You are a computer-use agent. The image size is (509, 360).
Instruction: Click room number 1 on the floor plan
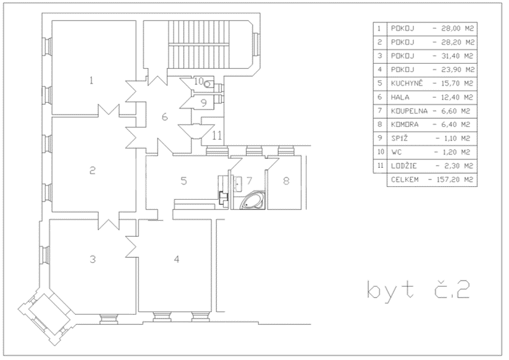coord(92,80)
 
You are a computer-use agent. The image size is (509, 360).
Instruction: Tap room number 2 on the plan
coord(92,170)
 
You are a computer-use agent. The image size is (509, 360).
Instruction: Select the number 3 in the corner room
coord(92,259)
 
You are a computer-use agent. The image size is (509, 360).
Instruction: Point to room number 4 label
coord(177,259)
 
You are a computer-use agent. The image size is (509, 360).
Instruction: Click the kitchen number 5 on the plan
coord(184,181)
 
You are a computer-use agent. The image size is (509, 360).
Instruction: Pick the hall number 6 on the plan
coord(165,117)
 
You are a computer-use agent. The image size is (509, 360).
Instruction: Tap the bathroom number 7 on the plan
coord(249,181)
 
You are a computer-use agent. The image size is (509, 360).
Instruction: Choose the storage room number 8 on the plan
coord(286,181)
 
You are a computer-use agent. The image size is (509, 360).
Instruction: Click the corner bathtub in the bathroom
coord(251,202)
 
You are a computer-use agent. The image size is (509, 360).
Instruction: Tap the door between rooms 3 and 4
coord(135,244)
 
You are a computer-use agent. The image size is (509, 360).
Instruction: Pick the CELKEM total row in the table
coord(432,180)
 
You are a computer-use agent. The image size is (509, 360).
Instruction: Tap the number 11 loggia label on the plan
coord(217,135)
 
